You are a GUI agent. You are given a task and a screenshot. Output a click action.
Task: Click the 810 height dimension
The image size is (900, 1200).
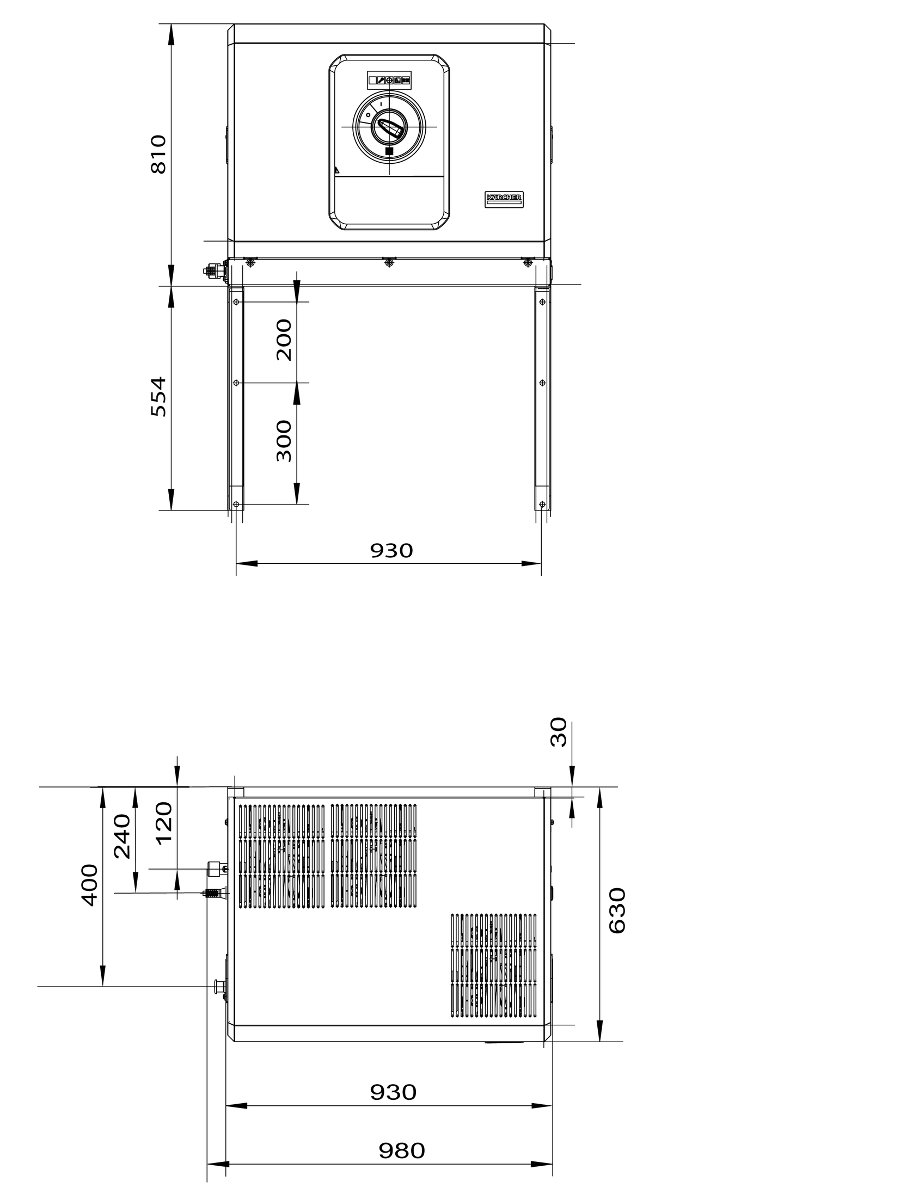158,154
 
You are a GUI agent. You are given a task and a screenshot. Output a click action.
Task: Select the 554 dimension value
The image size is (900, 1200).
158,396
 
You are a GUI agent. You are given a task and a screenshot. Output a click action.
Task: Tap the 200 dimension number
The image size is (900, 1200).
284,340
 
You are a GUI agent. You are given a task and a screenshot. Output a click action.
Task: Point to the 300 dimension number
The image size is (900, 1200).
284,441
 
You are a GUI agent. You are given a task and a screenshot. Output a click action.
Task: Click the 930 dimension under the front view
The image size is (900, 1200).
391,551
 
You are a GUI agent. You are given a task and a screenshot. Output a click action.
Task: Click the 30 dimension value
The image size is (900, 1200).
559,732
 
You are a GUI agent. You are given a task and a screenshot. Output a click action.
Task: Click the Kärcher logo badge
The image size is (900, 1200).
504,199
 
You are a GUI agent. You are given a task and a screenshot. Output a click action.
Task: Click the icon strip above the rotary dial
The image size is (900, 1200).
389,80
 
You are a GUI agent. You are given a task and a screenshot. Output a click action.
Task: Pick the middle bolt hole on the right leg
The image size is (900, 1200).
542,383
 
